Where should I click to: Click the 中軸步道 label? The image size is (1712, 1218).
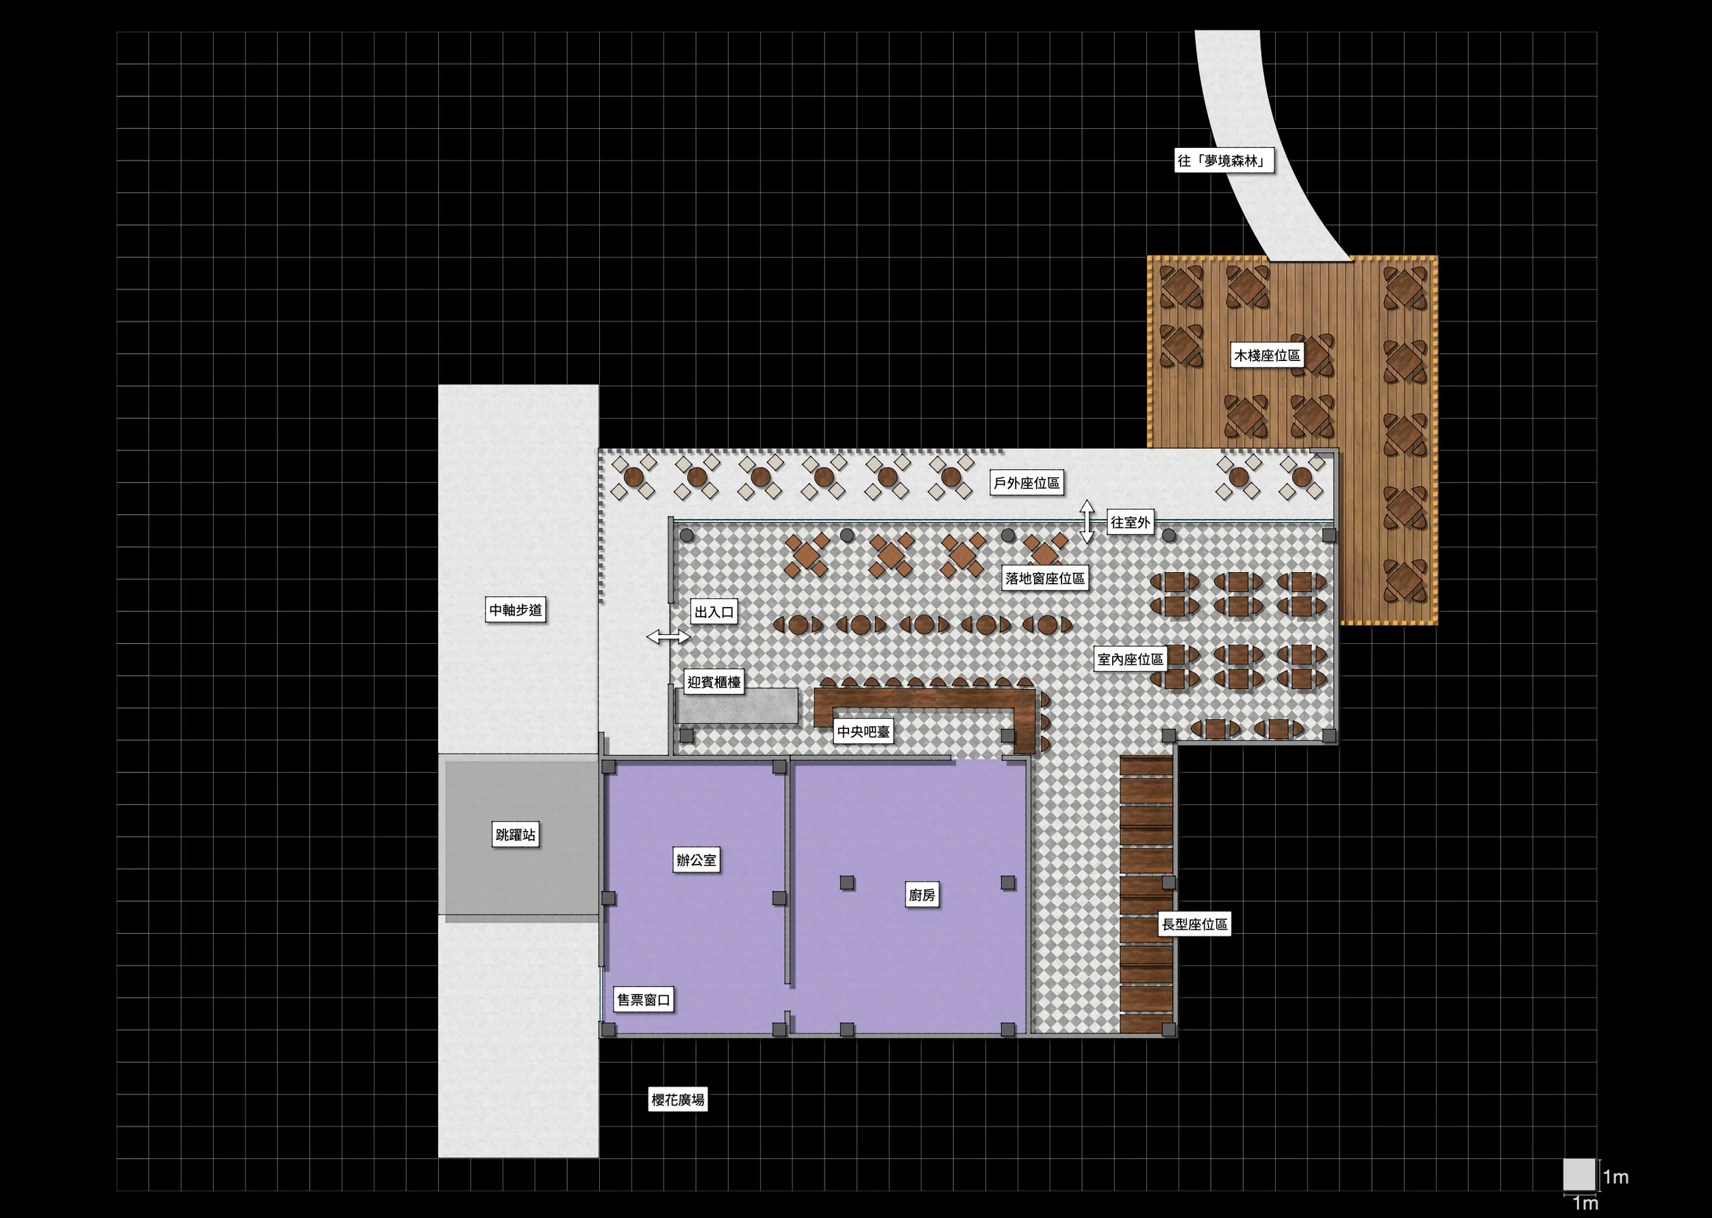(516, 610)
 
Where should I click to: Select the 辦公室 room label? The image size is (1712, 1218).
(696, 860)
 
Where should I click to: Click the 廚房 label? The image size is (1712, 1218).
(922, 895)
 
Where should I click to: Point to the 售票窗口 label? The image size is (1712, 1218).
(644, 999)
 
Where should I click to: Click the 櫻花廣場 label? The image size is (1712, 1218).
(677, 1099)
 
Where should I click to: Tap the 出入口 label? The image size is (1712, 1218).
(714, 612)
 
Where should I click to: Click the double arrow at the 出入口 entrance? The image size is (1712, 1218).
(668, 637)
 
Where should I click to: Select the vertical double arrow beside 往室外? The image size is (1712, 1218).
(1087, 521)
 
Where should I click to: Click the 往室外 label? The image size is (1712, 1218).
(1131, 522)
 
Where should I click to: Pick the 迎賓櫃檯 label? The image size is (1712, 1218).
(714, 682)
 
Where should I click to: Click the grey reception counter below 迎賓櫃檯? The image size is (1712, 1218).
(737, 706)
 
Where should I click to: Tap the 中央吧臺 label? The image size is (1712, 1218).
(864, 731)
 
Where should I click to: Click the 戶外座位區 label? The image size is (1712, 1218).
(1027, 483)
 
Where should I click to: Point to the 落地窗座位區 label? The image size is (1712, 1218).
(1046, 578)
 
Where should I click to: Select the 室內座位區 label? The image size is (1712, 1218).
(1131, 659)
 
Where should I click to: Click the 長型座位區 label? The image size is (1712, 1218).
(1195, 924)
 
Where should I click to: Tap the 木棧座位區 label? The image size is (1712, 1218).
(1268, 355)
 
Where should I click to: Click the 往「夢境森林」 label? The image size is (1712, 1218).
(1224, 160)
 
